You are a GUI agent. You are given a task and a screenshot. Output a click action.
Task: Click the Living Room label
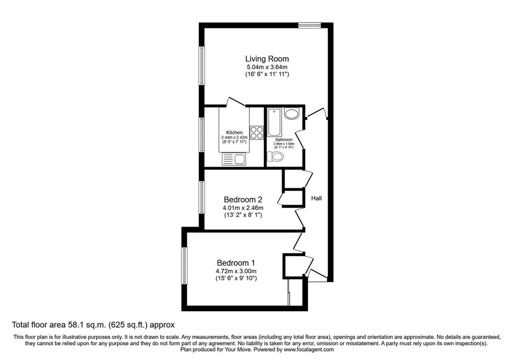click(267, 59)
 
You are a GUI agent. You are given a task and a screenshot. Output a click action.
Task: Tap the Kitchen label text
click(234, 133)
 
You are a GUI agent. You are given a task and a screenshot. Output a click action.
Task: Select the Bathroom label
click(284, 140)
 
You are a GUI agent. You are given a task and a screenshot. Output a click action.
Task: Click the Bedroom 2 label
click(243, 199)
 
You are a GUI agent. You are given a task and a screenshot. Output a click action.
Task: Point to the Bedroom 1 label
click(236, 263)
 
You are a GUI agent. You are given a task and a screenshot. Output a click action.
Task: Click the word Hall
click(316, 198)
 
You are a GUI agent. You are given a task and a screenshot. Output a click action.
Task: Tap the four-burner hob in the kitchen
click(256, 133)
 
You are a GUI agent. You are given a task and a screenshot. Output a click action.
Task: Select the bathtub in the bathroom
click(274, 122)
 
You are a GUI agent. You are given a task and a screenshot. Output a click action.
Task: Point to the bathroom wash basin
click(291, 113)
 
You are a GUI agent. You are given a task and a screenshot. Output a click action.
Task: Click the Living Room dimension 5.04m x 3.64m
click(267, 67)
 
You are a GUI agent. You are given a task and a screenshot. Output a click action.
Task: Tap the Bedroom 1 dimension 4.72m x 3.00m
click(236, 271)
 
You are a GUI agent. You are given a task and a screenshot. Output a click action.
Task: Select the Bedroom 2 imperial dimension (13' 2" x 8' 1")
click(243, 215)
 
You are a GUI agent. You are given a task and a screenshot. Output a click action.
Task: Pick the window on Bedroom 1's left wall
click(185, 266)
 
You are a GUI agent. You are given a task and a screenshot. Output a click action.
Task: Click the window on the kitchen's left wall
click(202, 134)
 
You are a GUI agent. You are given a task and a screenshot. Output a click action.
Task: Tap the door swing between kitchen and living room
click(236, 101)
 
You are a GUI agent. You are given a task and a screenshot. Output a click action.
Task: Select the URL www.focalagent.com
click(309, 349)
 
